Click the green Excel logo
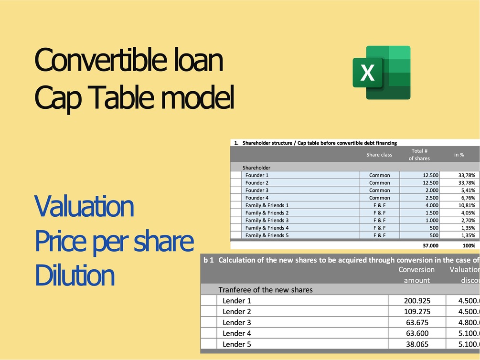pyautogui.click(x=381, y=72)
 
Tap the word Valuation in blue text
pyautogui.click(x=84, y=207)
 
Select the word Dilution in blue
pyautogui.click(x=75, y=275)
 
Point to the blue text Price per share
pyautogui.click(x=114, y=242)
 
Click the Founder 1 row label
pyautogui.click(x=257, y=175)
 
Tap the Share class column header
pyautogui.click(x=379, y=155)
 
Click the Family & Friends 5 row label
pyautogui.click(x=267, y=235)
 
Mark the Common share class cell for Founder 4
pyautogui.click(x=380, y=198)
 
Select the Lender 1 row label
pyautogui.click(x=237, y=301)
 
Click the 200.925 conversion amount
pyautogui.click(x=416, y=301)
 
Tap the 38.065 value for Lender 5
pyautogui.click(x=416, y=344)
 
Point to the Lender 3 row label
pyautogui.click(x=237, y=322)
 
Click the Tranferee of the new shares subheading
pyautogui.click(x=266, y=290)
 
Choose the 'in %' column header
pyautogui.click(x=459, y=155)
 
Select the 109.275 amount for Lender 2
pyautogui.click(x=416, y=311)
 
